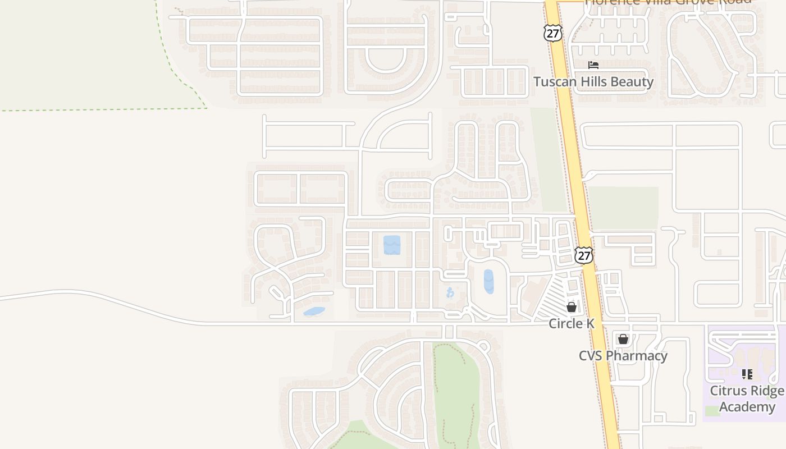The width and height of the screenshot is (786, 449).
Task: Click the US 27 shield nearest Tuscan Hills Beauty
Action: click(553, 33)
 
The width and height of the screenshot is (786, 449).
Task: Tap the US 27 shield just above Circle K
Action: click(584, 255)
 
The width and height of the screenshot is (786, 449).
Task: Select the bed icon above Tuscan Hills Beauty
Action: click(593, 65)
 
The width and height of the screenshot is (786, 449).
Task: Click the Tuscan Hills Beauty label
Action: click(593, 82)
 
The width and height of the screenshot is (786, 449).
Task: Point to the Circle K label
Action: click(571, 323)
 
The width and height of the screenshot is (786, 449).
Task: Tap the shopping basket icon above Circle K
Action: click(572, 307)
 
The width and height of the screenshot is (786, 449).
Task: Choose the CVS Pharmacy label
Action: click(623, 356)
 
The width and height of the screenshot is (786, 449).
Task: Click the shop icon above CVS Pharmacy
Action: click(623, 339)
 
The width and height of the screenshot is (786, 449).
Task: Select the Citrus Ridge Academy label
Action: click(747, 398)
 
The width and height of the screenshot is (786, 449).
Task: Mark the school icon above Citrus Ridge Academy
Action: click(747, 374)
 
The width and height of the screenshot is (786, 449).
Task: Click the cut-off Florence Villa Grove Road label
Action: click(668, 2)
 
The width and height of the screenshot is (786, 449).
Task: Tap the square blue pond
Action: click(392, 245)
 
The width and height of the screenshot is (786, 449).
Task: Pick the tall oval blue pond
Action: click(488, 281)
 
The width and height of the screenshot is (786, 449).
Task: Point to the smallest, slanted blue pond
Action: click(314, 311)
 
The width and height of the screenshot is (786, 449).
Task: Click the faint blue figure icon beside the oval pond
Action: click(450, 292)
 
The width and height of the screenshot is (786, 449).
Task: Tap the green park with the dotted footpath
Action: click(456, 393)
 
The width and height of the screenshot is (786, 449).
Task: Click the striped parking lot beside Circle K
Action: click(556, 297)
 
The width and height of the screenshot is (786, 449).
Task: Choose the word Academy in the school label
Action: click(747, 406)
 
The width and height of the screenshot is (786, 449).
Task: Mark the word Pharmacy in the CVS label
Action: click(637, 356)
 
